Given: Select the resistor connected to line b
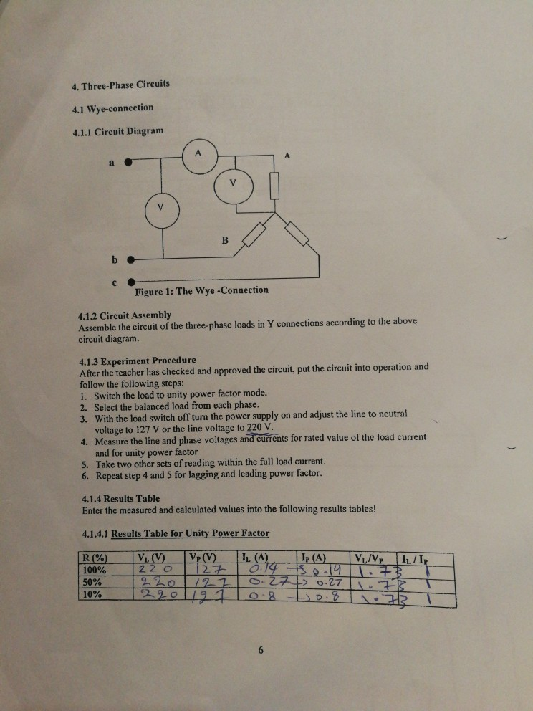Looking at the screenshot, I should click(x=254, y=234).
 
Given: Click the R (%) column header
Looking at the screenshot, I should click(x=96, y=557).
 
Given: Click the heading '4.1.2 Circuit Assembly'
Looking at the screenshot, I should click(x=125, y=315).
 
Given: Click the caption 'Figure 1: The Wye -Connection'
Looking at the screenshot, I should click(x=201, y=291).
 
